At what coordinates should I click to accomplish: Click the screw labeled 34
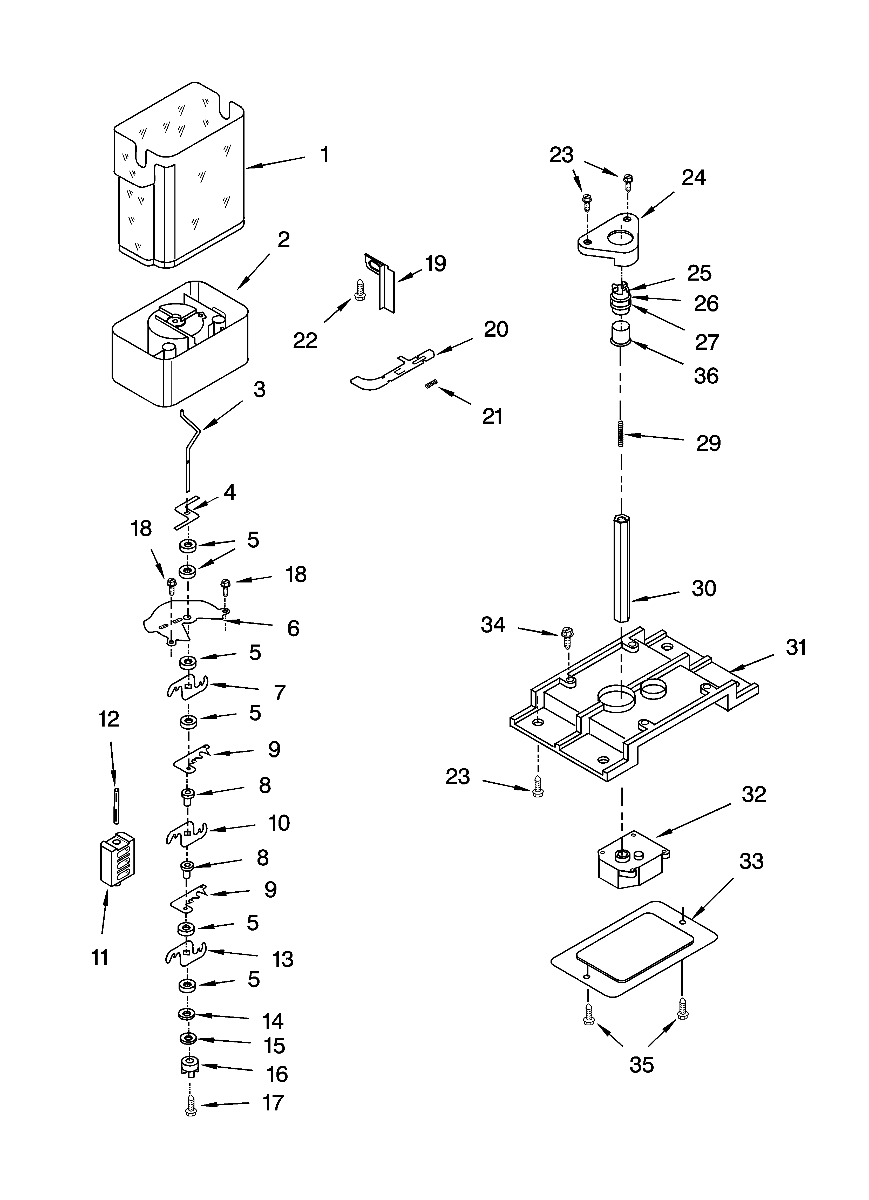tap(565, 638)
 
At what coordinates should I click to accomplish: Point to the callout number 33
tap(751, 861)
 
